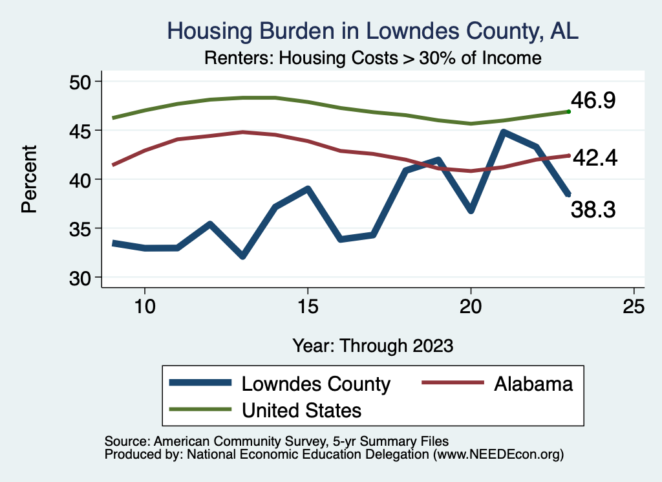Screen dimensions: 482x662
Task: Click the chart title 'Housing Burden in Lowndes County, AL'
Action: (373, 30)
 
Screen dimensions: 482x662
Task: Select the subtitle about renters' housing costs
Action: (372, 58)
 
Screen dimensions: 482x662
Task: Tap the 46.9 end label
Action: (593, 101)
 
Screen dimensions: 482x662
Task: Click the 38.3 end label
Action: (593, 209)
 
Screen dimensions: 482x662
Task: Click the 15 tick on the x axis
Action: (308, 306)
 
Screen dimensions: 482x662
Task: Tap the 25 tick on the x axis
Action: (634, 306)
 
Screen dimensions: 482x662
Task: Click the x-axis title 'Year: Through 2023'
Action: (373, 345)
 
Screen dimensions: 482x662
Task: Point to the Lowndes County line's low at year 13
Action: (242, 256)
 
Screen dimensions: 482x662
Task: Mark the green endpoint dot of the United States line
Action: (568, 111)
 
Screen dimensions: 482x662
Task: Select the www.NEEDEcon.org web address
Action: (498, 455)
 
